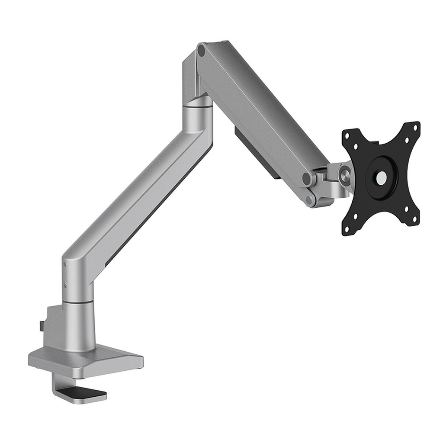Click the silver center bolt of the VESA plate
[x=382, y=177]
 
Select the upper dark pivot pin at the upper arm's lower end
[x=307, y=179]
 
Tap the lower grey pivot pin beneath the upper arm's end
[x=309, y=200]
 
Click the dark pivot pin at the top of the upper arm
[x=201, y=51]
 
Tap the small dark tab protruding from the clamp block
[x=41, y=325]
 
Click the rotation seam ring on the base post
[x=78, y=301]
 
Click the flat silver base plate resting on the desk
[x=87, y=359]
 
